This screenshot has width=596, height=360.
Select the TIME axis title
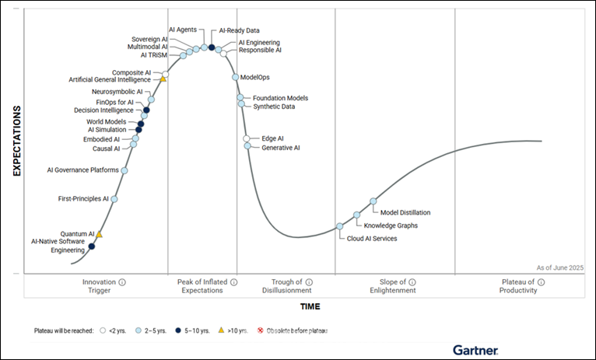(x=310, y=306)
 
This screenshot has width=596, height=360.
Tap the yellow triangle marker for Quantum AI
(x=99, y=234)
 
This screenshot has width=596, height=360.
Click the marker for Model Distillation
(x=373, y=201)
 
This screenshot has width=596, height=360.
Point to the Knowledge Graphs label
(x=391, y=225)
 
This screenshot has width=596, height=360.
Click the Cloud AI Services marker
(x=339, y=226)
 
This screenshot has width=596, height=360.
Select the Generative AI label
(x=280, y=148)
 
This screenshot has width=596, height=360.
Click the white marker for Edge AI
(x=247, y=138)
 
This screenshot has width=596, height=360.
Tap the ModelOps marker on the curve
(x=235, y=77)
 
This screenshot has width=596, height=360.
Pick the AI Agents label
(x=182, y=30)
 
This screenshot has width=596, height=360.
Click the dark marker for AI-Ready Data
(x=212, y=47)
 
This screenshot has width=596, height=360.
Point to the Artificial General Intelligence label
(x=110, y=79)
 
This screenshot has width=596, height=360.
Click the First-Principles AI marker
(x=114, y=199)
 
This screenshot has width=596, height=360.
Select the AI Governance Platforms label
(x=82, y=170)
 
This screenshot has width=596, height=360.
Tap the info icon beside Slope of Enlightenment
(x=412, y=281)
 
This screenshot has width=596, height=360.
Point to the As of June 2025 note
(x=559, y=267)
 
